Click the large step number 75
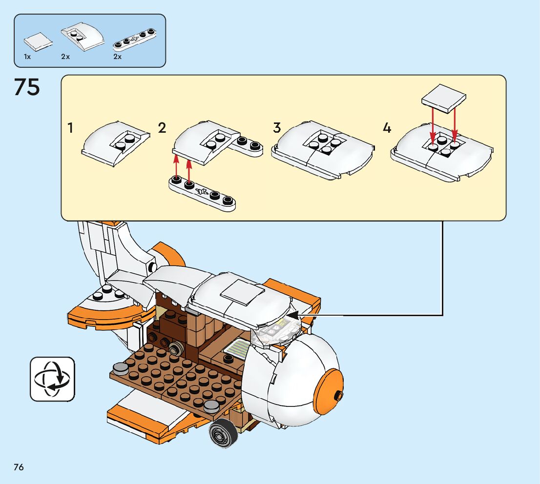click(x=27, y=87)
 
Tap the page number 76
click(x=19, y=467)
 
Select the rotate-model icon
click(x=52, y=379)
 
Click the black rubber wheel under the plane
click(x=223, y=433)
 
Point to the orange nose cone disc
click(x=330, y=389)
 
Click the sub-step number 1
click(x=71, y=128)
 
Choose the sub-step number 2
click(x=162, y=128)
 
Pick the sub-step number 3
click(x=277, y=128)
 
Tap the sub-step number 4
click(x=387, y=128)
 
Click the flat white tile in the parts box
click(x=38, y=41)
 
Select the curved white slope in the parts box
click(x=83, y=37)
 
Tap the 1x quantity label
click(x=27, y=57)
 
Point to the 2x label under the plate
click(x=118, y=57)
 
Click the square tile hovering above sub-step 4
click(x=443, y=98)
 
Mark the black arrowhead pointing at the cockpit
click(x=292, y=315)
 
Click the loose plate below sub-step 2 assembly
click(x=203, y=193)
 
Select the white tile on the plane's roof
click(x=242, y=292)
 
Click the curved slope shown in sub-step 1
click(x=115, y=143)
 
